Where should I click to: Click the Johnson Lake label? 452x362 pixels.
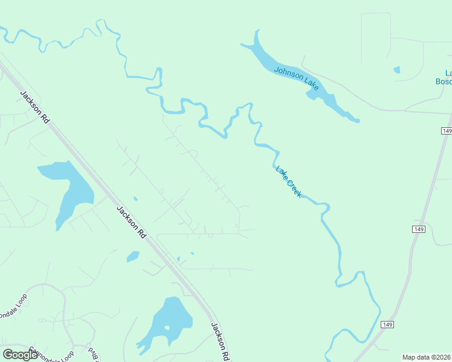point(296,78)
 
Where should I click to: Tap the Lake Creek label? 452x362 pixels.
point(289,181)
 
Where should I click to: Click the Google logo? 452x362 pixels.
point(20,355)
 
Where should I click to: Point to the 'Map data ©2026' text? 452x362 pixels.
point(426,357)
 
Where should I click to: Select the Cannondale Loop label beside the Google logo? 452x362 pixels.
point(51,354)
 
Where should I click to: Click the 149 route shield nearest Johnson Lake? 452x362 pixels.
point(447,131)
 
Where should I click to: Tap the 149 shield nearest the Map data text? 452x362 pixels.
point(387,325)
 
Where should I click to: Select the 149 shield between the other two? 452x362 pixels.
point(420,229)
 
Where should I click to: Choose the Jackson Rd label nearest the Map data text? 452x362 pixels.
point(221,341)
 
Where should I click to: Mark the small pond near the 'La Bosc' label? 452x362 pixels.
point(397,70)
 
